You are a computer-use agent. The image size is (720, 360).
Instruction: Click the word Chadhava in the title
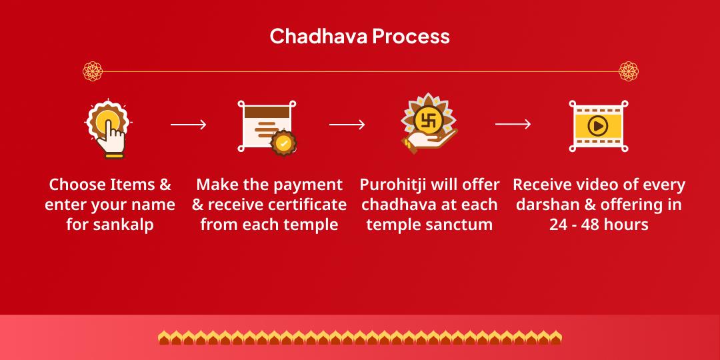coord(318,36)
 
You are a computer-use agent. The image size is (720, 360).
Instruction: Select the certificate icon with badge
coord(268,127)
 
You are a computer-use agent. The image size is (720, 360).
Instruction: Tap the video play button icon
coord(598,125)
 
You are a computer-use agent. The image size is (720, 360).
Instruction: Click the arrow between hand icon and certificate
coord(188,125)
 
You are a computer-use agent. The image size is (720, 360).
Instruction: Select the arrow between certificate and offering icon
coord(347,125)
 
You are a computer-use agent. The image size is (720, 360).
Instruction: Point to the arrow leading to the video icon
coord(513,125)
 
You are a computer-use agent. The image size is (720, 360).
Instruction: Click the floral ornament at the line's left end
coord(93,71)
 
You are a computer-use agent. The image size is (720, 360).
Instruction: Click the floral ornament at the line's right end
coord(629,71)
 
